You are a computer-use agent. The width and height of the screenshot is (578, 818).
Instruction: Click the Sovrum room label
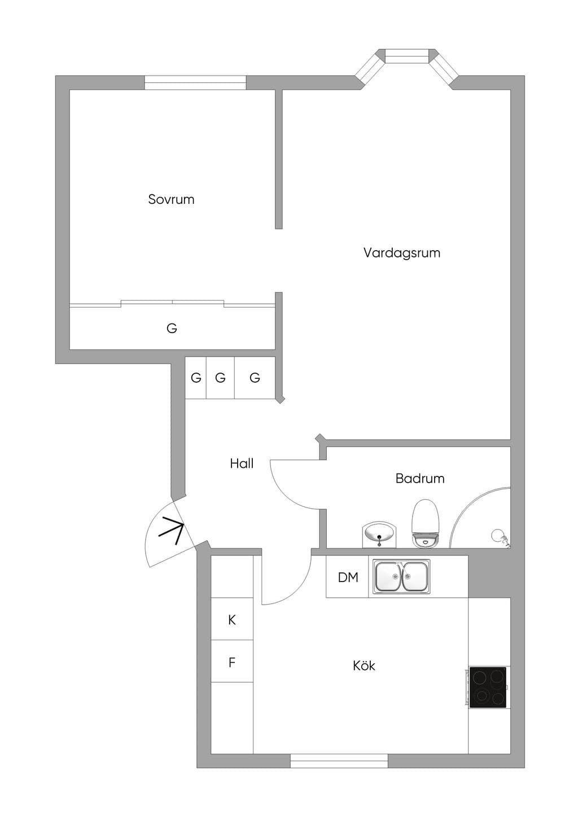coord(171,199)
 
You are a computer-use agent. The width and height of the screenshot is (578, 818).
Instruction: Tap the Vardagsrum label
coord(402,253)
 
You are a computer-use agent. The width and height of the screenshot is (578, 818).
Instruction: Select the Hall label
coord(242,463)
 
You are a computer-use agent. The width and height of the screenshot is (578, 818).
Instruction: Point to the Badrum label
coord(420,478)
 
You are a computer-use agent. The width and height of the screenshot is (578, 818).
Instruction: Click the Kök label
coord(364,666)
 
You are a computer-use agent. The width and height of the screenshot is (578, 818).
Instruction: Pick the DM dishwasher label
coord(348,578)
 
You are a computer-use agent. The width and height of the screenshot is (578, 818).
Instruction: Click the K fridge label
coord(232,620)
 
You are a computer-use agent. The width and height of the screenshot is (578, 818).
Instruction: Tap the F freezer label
coord(232,662)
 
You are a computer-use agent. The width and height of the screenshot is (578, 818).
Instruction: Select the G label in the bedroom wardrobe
coord(172,329)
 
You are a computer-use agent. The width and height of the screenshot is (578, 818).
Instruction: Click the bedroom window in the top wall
coord(195,82)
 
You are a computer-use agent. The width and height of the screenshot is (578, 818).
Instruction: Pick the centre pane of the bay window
coord(407,55)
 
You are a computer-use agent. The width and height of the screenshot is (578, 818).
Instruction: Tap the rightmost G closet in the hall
coord(255,377)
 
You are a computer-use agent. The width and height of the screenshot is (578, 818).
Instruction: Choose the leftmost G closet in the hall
coord(196,377)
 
